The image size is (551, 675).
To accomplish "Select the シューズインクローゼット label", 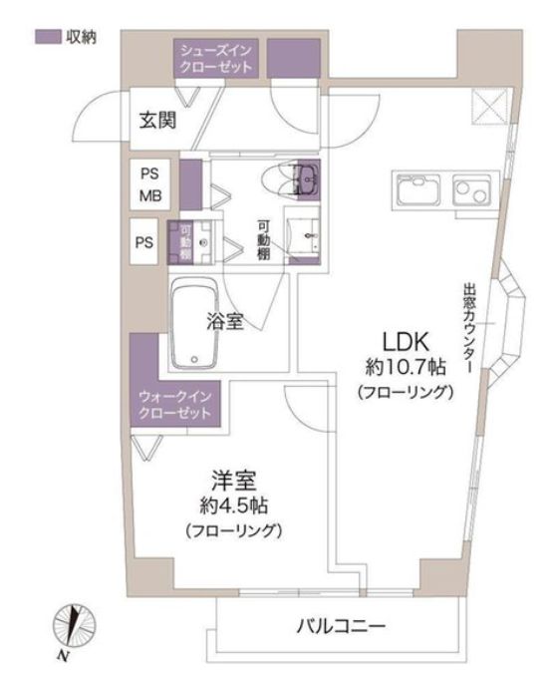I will click(215, 57).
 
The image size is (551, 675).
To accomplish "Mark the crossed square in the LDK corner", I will click(489, 103).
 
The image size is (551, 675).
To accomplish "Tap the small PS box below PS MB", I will click(145, 241).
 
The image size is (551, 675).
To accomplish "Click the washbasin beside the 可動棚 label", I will click(305, 236).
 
